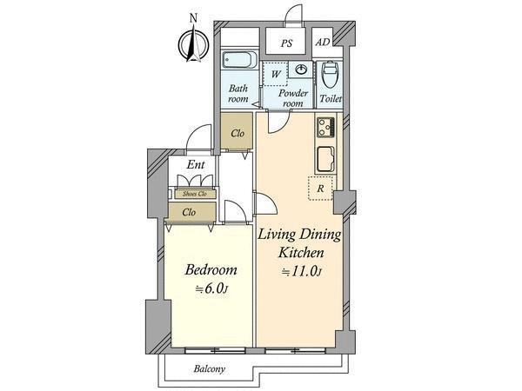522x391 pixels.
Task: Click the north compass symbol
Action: pos(193,43)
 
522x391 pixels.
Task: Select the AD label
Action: pos(323,42)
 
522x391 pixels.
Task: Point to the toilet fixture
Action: pos(331,75)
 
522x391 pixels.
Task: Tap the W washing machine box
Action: pos(275,73)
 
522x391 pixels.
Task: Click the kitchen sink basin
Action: pos(324,161)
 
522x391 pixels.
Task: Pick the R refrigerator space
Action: pos(320,188)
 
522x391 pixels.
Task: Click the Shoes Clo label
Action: pos(194,194)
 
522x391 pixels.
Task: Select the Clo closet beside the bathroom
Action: pos(237,134)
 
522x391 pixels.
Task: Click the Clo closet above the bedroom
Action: pos(189,211)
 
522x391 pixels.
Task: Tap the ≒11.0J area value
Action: pos(301,271)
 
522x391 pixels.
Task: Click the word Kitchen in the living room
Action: pos(301,253)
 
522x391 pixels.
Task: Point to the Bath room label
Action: pos(238,94)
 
